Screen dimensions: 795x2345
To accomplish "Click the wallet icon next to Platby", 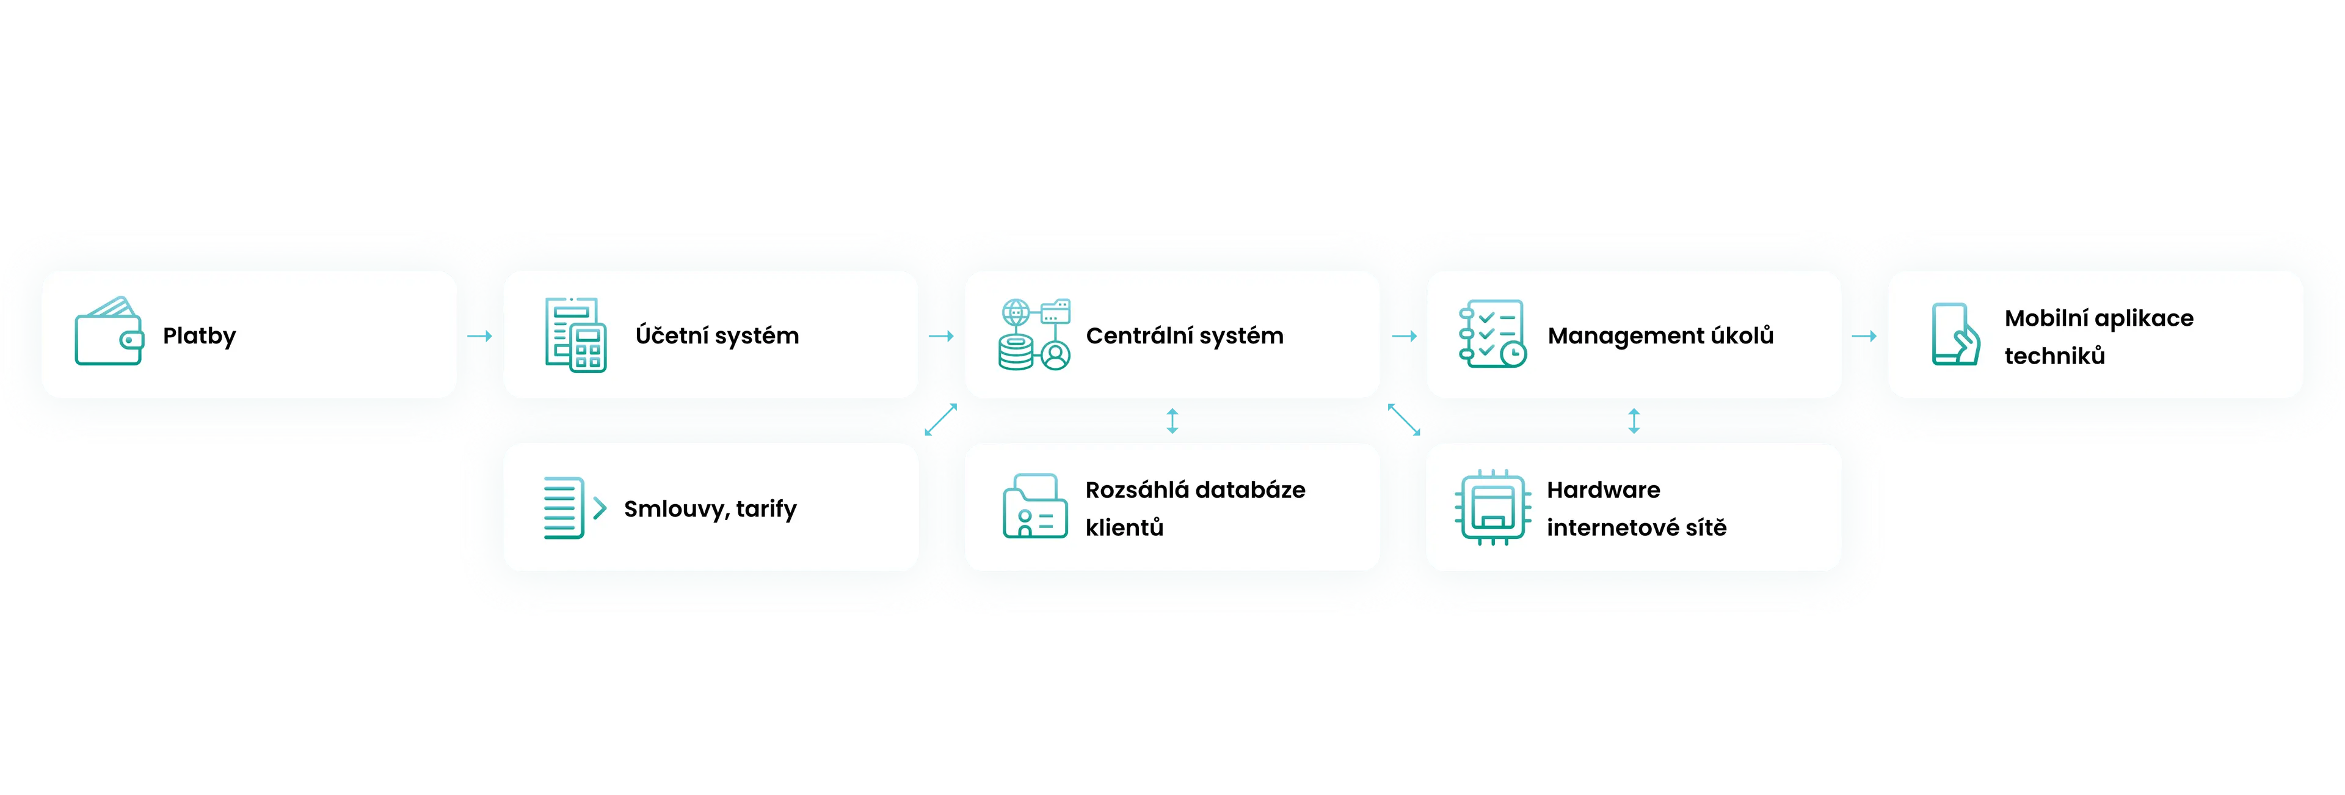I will (x=108, y=333).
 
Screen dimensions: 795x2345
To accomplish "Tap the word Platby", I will (x=199, y=336).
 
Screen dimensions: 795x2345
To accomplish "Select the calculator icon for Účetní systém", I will (x=575, y=334).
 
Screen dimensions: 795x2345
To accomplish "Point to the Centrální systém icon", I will (x=1034, y=334).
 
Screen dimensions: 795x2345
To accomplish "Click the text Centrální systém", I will (x=1184, y=336).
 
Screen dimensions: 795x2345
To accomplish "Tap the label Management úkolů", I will (x=1660, y=336).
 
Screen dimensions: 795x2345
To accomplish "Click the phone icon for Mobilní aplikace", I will (x=1954, y=334).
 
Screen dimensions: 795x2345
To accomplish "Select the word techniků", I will (x=2054, y=356).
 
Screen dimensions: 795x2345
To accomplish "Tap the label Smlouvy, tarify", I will (x=710, y=509).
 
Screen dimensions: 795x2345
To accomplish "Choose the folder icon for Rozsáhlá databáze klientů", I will (x=1034, y=507).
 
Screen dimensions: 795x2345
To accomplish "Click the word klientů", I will (x=1124, y=528).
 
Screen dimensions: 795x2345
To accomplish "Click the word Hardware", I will (x=1603, y=490).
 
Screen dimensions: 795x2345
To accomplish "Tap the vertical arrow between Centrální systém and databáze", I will (x=1172, y=421).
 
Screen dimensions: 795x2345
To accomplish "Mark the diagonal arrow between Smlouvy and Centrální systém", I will (x=940, y=420).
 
